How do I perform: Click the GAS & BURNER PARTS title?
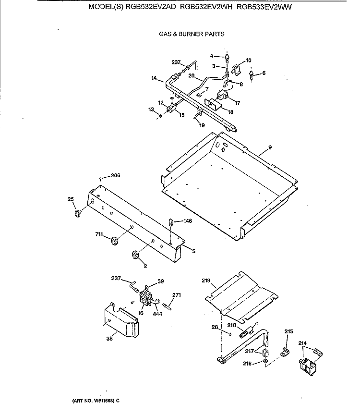pos(192,34)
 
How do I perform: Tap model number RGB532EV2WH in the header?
pos(206,7)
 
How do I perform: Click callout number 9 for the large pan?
pos(270,147)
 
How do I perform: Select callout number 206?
pos(115,175)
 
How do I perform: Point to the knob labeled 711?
pos(115,241)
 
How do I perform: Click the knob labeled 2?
pos(135,255)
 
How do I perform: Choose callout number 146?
pos(188,221)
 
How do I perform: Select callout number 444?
pos(157,314)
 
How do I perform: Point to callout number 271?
pos(177,295)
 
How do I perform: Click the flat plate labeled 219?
pos(241,295)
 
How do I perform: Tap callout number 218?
pos(232,325)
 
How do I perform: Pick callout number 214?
pos(302,343)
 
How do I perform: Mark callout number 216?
pos(247,364)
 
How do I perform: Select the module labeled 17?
pos(222,95)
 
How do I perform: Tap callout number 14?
pos(154,78)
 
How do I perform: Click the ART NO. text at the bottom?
pos(96,401)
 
